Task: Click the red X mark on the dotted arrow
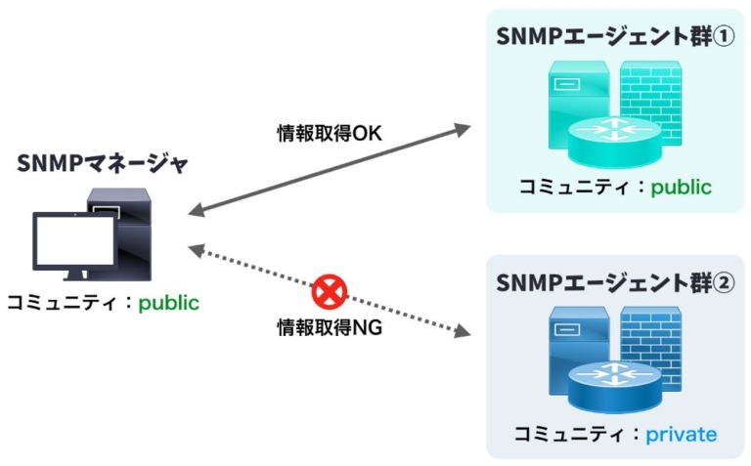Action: [331, 290]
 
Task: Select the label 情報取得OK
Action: [329, 133]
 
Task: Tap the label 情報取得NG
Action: [329, 328]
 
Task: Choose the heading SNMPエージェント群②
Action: [601, 282]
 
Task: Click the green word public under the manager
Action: [168, 303]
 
